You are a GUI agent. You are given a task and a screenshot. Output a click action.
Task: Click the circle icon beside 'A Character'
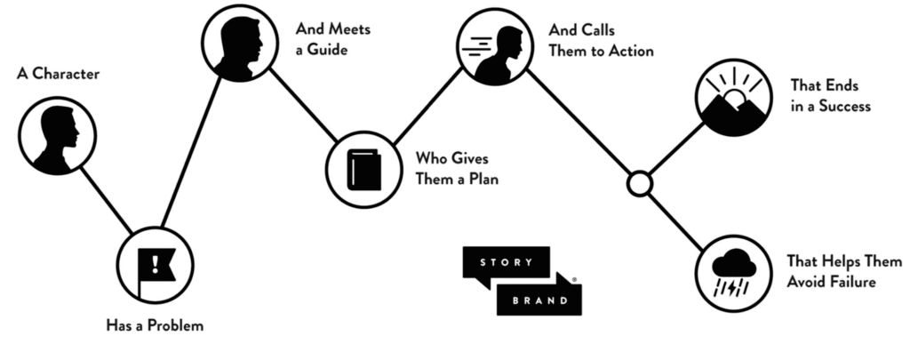tap(57, 135)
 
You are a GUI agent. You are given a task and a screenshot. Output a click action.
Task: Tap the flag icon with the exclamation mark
tap(156, 264)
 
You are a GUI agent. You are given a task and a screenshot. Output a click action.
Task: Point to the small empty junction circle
tap(639, 184)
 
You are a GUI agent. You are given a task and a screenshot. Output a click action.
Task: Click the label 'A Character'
tap(59, 74)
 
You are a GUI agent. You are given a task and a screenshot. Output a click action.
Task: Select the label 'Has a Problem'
tap(155, 325)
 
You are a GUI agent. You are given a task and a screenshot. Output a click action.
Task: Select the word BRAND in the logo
tap(540, 300)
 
